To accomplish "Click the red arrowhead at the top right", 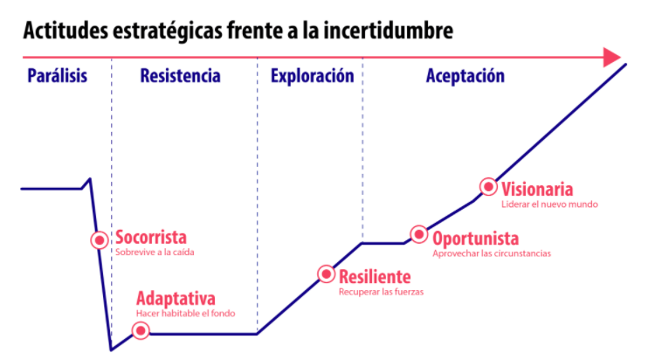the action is pyautogui.click(x=612, y=57).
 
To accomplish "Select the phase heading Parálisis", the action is pyautogui.click(x=57, y=76).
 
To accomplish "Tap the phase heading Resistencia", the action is pyautogui.click(x=180, y=76).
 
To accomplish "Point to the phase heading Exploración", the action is pyautogui.click(x=313, y=76).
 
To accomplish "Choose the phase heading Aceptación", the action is pyautogui.click(x=465, y=76).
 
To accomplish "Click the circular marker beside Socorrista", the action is pyautogui.click(x=100, y=240).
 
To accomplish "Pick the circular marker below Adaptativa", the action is pyautogui.click(x=141, y=330).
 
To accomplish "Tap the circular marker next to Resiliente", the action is pyautogui.click(x=327, y=274).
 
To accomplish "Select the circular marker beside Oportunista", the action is pyautogui.click(x=419, y=234).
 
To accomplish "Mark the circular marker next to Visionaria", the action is pyautogui.click(x=488, y=187).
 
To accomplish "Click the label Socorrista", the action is pyautogui.click(x=151, y=238).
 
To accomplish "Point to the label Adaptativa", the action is pyautogui.click(x=176, y=299).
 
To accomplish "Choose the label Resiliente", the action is pyautogui.click(x=375, y=277).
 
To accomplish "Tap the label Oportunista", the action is pyautogui.click(x=476, y=239).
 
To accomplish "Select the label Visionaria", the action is pyautogui.click(x=537, y=190).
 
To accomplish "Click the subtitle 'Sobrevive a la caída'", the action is pyautogui.click(x=155, y=253).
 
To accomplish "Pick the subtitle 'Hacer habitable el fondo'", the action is pyautogui.click(x=186, y=314).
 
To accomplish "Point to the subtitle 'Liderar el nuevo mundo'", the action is pyautogui.click(x=549, y=204).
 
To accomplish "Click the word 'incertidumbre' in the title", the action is pyautogui.click(x=389, y=31).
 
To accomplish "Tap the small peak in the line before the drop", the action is pyautogui.click(x=90, y=179).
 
